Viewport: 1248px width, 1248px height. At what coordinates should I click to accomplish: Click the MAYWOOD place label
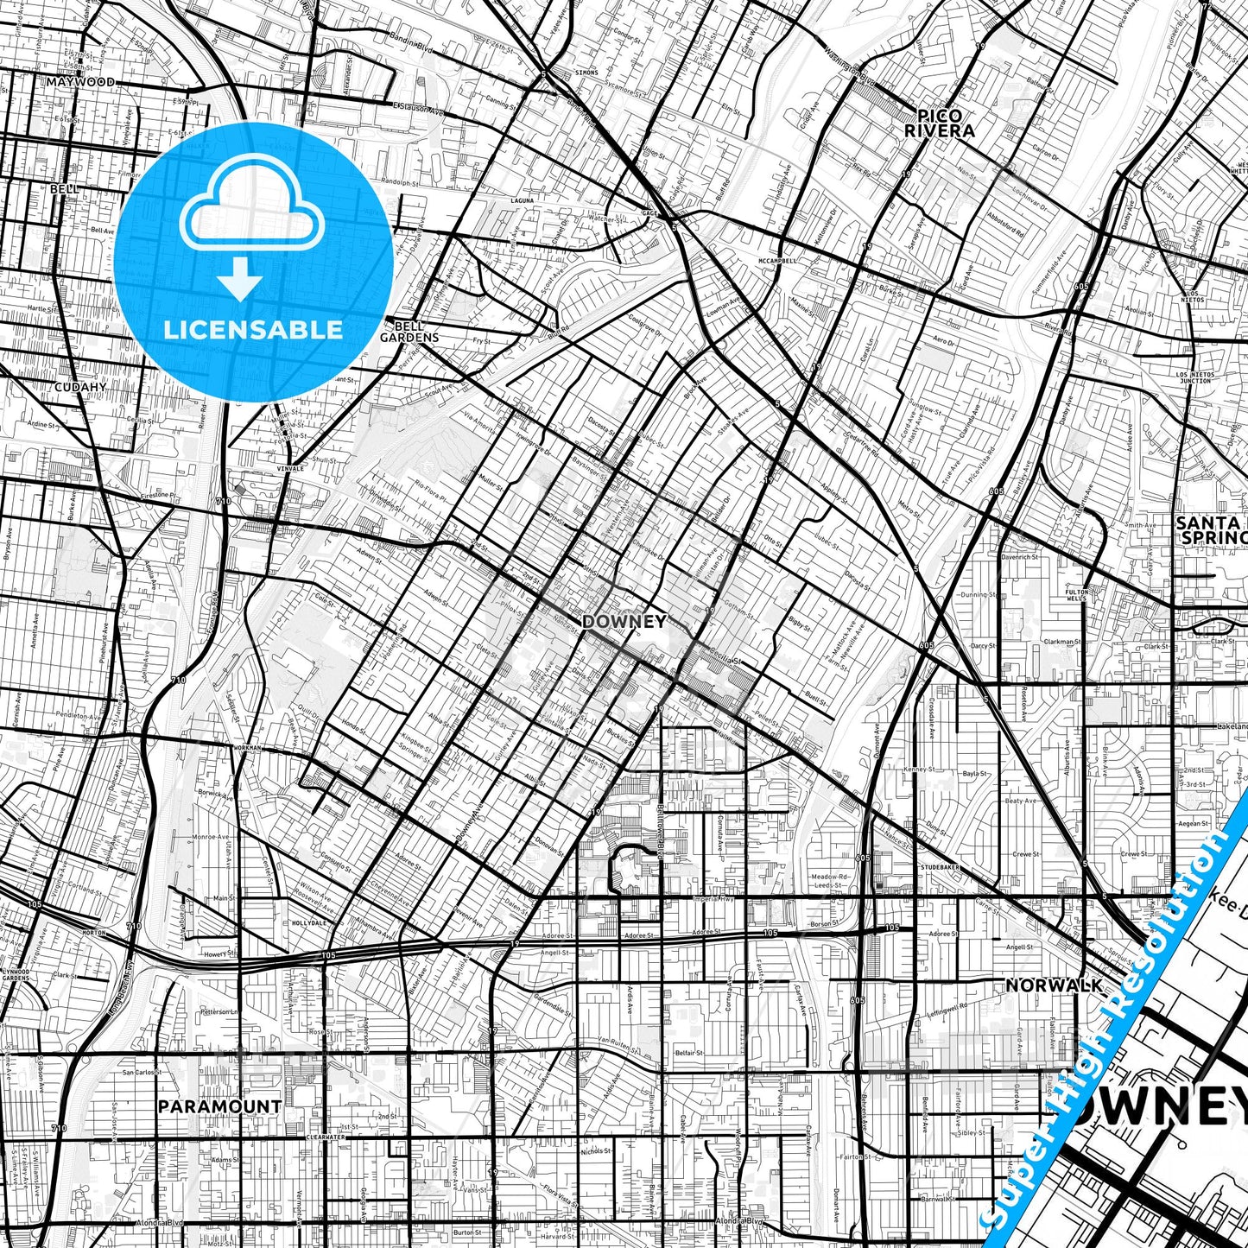tap(80, 82)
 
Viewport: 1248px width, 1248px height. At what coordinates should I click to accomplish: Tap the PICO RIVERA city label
tap(940, 124)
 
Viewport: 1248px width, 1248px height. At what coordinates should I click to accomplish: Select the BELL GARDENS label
tap(409, 332)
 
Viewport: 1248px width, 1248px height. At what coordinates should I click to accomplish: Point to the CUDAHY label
tap(80, 387)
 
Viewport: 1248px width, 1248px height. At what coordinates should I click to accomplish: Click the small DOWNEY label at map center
tap(624, 621)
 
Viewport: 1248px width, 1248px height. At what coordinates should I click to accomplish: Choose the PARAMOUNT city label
tap(219, 1106)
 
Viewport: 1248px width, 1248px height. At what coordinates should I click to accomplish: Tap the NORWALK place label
tap(1055, 985)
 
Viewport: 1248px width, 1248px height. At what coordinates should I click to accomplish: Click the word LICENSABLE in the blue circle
tap(253, 330)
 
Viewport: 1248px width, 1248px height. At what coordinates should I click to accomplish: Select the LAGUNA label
tap(523, 200)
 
